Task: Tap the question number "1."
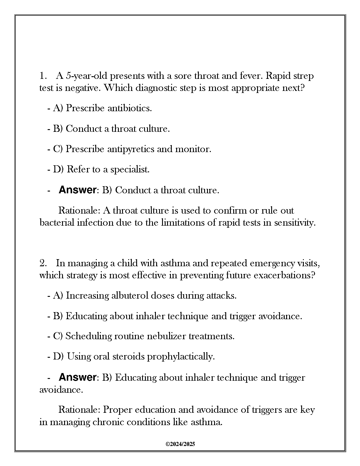43,76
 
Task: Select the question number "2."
43,263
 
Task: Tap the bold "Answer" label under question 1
77,190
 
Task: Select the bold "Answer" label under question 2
77,377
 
